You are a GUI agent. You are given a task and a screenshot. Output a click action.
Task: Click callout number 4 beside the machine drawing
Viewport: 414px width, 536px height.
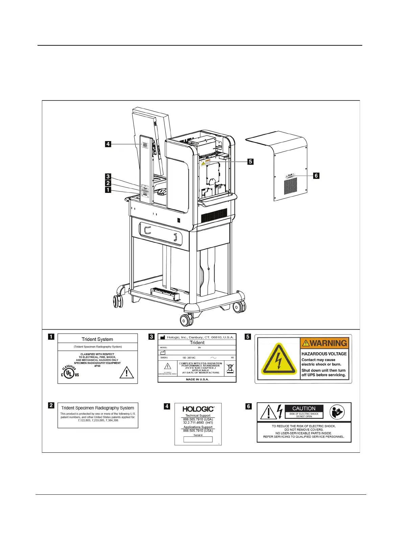(x=108, y=144)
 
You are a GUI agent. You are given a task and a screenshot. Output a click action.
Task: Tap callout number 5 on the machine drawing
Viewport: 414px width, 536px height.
(x=250, y=162)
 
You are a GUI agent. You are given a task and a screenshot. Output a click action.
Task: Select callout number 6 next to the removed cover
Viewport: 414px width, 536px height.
(x=316, y=176)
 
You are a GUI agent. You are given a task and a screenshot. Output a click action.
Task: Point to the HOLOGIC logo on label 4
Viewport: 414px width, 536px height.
(x=198, y=409)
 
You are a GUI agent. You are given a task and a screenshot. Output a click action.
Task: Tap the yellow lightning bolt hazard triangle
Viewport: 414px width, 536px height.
(x=279, y=359)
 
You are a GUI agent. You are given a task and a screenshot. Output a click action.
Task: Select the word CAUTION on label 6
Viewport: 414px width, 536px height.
(x=304, y=408)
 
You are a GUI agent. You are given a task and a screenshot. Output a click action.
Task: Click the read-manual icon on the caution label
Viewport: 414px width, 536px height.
(x=337, y=412)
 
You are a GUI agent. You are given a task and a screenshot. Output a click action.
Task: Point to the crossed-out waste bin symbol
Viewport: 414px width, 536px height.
(x=230, y=368)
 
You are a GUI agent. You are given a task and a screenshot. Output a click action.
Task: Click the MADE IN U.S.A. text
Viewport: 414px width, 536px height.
(x=197, y=379)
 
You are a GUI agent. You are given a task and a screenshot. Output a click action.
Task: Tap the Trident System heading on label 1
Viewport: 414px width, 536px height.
(x=97, y=339)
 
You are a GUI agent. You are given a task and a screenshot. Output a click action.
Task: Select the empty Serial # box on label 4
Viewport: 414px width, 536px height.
(x=198, y=439)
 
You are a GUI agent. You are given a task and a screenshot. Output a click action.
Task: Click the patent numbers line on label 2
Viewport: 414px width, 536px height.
(x=98, y=420)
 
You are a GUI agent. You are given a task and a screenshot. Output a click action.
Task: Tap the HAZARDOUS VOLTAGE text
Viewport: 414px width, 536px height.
(x=324, y=354)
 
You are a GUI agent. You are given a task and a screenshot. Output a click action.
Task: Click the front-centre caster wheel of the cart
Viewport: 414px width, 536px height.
(x=186, y=320)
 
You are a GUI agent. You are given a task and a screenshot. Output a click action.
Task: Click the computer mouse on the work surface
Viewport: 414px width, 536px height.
(x=162, y=192)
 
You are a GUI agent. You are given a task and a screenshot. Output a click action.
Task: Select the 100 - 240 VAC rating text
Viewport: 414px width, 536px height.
(x=189, y=358)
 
